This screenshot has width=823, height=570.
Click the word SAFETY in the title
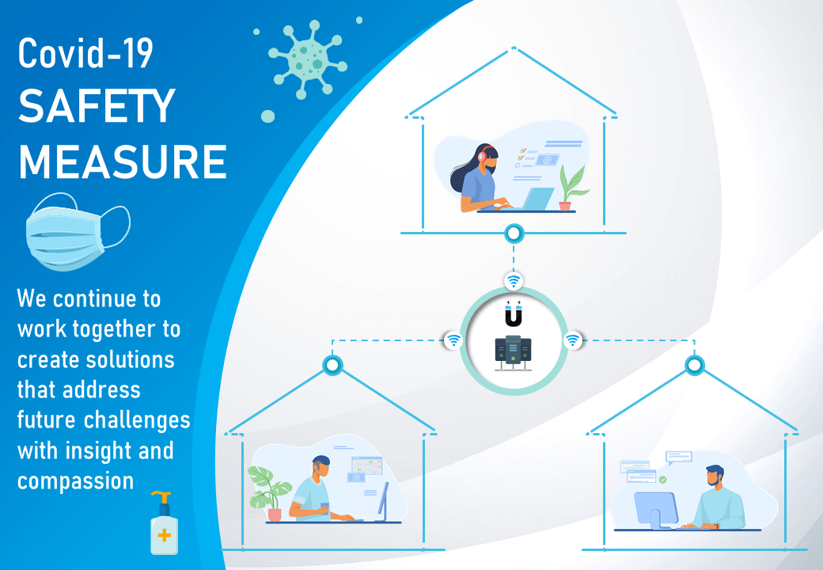pos(97,105)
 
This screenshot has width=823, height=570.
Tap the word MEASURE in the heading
pos(123,161)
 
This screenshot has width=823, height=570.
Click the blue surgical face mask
pos(78,232)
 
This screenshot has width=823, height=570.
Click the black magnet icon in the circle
pos(514,313)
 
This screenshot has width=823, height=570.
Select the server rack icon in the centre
pos(513,353)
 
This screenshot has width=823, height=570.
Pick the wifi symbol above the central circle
pos(514,281)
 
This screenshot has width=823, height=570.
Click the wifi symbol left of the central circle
pos(453,340)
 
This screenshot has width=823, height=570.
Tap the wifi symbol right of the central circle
pos(573,340)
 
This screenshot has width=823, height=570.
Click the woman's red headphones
pos(484,154)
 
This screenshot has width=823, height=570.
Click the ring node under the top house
pos(514,233)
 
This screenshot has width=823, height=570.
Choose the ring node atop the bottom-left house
pos(333,365)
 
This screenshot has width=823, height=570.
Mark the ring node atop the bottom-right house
pos(695,365)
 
